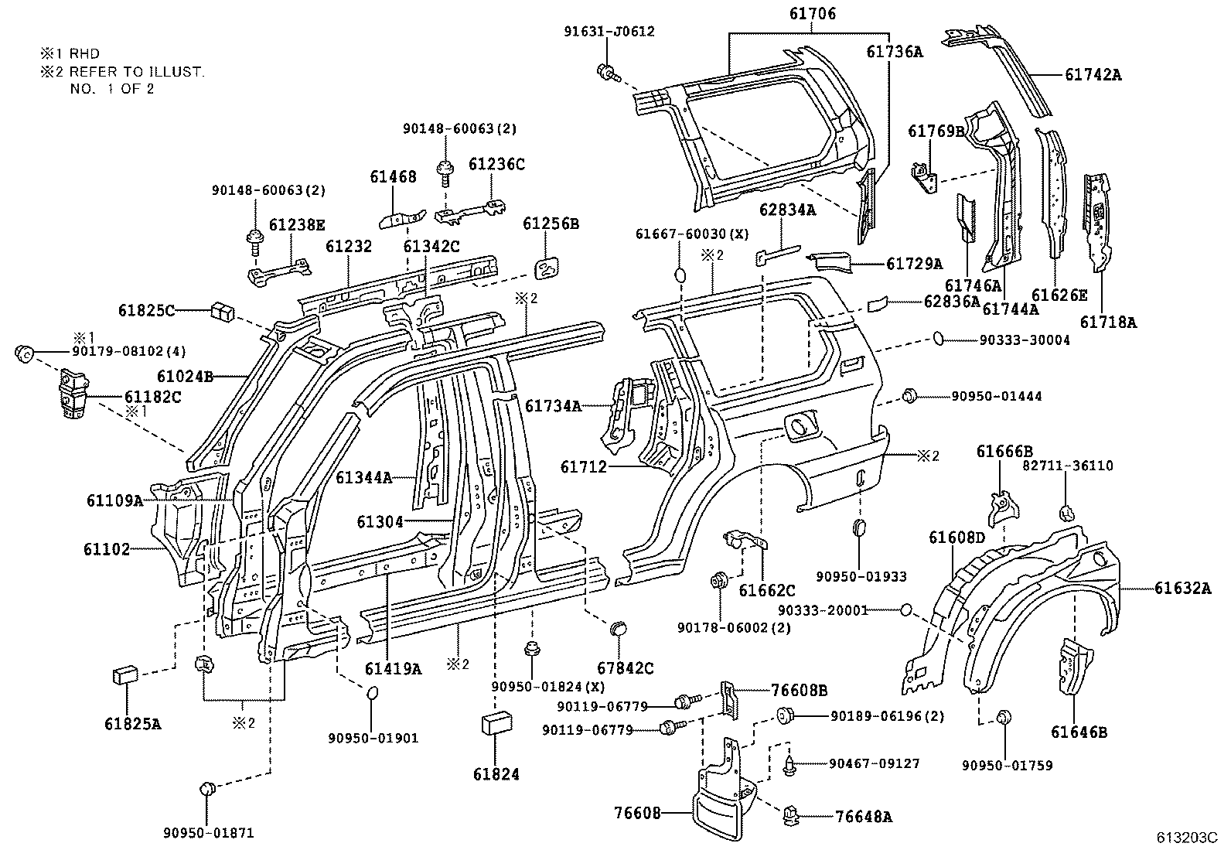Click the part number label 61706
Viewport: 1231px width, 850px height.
click(x=812, y=14)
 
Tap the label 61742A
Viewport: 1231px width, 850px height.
click(x=1093, y=75)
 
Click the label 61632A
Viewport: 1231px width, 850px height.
click(x=1183, y=589)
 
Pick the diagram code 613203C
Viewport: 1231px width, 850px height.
click(x=1187, y=838)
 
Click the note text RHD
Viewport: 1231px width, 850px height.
click(x=84, y=54)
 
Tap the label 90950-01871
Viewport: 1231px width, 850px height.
click(x=208, y=833)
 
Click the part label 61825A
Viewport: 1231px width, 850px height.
click(x=133, y=724)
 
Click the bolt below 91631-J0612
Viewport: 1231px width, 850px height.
click(x=607, y=74)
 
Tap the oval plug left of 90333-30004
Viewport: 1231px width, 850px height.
click(x=937, y=338)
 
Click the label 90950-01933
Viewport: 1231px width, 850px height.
click(x=861, y=576)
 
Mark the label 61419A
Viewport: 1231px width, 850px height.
click(x=394, y=669)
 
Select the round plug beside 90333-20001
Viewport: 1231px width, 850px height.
click(x=905, y=611)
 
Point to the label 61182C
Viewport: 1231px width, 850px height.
click(x=153, y=397)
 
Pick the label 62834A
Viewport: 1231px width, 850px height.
click(x=787, y=209)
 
